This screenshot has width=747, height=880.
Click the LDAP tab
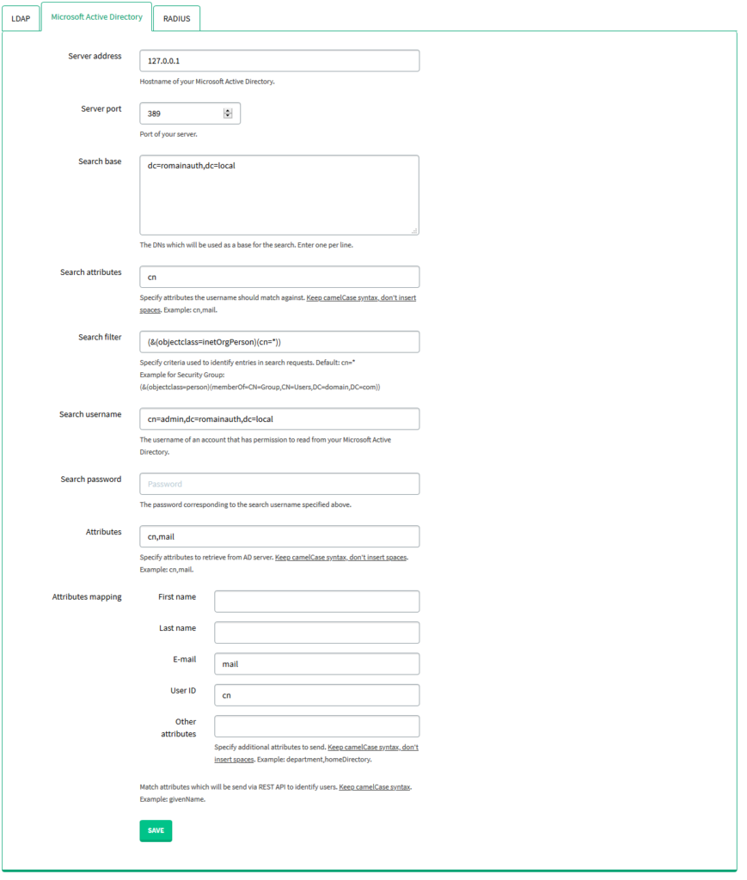point(21,18)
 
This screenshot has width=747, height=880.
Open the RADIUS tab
point(176,18)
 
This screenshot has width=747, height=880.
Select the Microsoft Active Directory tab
point(96,17)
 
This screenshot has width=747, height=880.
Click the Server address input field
point(279,61)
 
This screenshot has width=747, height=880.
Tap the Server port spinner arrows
point(228,113)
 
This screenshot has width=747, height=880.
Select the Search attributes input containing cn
point(279,277)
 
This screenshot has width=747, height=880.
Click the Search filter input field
point(279,342)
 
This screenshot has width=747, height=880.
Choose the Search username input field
point(279,419)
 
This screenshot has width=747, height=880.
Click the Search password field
point(279,484)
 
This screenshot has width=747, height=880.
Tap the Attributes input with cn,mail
point(279,536)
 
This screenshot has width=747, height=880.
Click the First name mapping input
point(316,602)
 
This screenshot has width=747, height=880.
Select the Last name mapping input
point(316,632)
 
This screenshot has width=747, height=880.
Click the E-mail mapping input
point(316,664)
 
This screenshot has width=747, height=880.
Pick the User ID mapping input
point(316,695)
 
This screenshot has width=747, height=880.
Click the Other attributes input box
point(316,726)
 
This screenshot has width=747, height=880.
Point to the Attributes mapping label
point(87,596)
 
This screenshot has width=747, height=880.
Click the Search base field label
point(100,162)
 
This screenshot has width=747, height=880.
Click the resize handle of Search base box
point(414,230)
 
